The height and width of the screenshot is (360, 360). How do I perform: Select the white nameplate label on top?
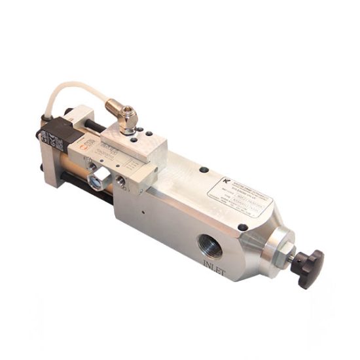tap(238, 196)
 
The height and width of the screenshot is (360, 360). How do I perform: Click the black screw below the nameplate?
tap(243, 226)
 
